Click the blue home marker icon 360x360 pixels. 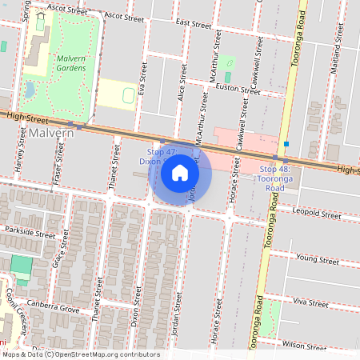tap(180, 172)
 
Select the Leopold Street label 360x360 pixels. tap(318, 214)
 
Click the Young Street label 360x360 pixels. tap(318, 259)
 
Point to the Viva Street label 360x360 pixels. tap(311, 304)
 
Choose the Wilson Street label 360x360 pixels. tap(305, 345)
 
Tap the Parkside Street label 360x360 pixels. tap(28, 236)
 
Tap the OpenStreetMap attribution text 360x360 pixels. tap(80, 354)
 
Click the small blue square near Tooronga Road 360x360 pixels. tap(286, 144)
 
